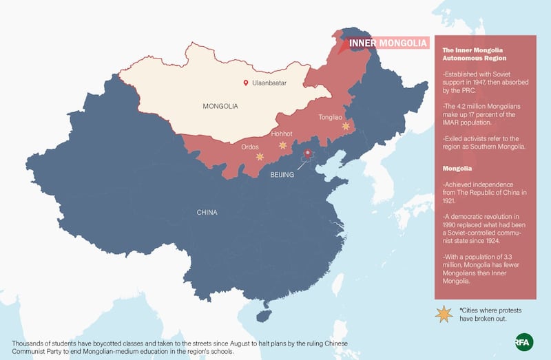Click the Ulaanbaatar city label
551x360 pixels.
click(x=269, y=83)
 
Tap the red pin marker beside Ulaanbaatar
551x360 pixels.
click(x=246, y=83)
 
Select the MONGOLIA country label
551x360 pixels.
click(x=220, y=107)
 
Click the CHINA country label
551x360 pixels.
click(x=207, y=212)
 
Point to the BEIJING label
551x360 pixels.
click(x=282, y=175)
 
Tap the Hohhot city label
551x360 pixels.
click(x=282, y=134)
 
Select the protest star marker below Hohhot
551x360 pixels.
click(x=282, y=145)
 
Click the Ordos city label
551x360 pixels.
click(x=250, y=147)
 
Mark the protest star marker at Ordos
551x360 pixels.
click(x=260, y=157)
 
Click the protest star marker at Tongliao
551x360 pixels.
click(x=346, y=126)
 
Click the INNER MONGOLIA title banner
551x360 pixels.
click(x=388, y=43)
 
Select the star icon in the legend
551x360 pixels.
click(x=444, y=315)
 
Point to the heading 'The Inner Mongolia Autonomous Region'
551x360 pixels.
click(x=474, y=54)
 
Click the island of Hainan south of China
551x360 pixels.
click(x=260, y=315)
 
